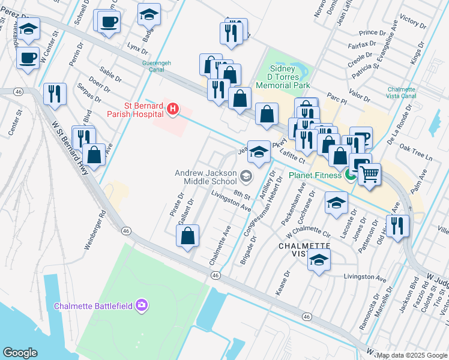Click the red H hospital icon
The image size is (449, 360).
tap(173, 109)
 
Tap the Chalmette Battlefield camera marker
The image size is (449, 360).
tap(142, 305)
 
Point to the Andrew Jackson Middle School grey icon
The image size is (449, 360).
tap(245, 176)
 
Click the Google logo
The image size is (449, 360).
tap(20, 353)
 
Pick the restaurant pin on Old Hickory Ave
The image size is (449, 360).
tap(397, 226)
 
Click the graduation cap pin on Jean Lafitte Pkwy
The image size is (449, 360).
tap(259, 152)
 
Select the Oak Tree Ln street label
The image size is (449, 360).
tap(416, 151)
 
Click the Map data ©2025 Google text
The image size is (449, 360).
tap(412, 355)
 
